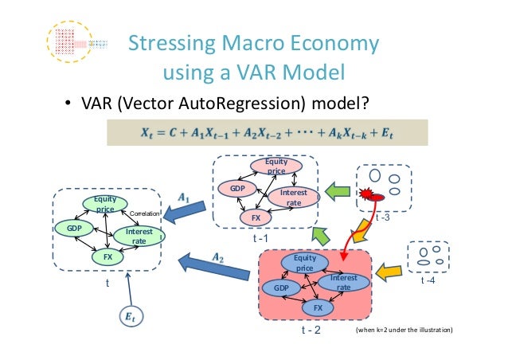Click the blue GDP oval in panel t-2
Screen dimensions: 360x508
[281, 287]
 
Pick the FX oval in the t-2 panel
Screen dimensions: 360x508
[317, 307]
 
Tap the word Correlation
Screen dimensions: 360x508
[145, 214]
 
